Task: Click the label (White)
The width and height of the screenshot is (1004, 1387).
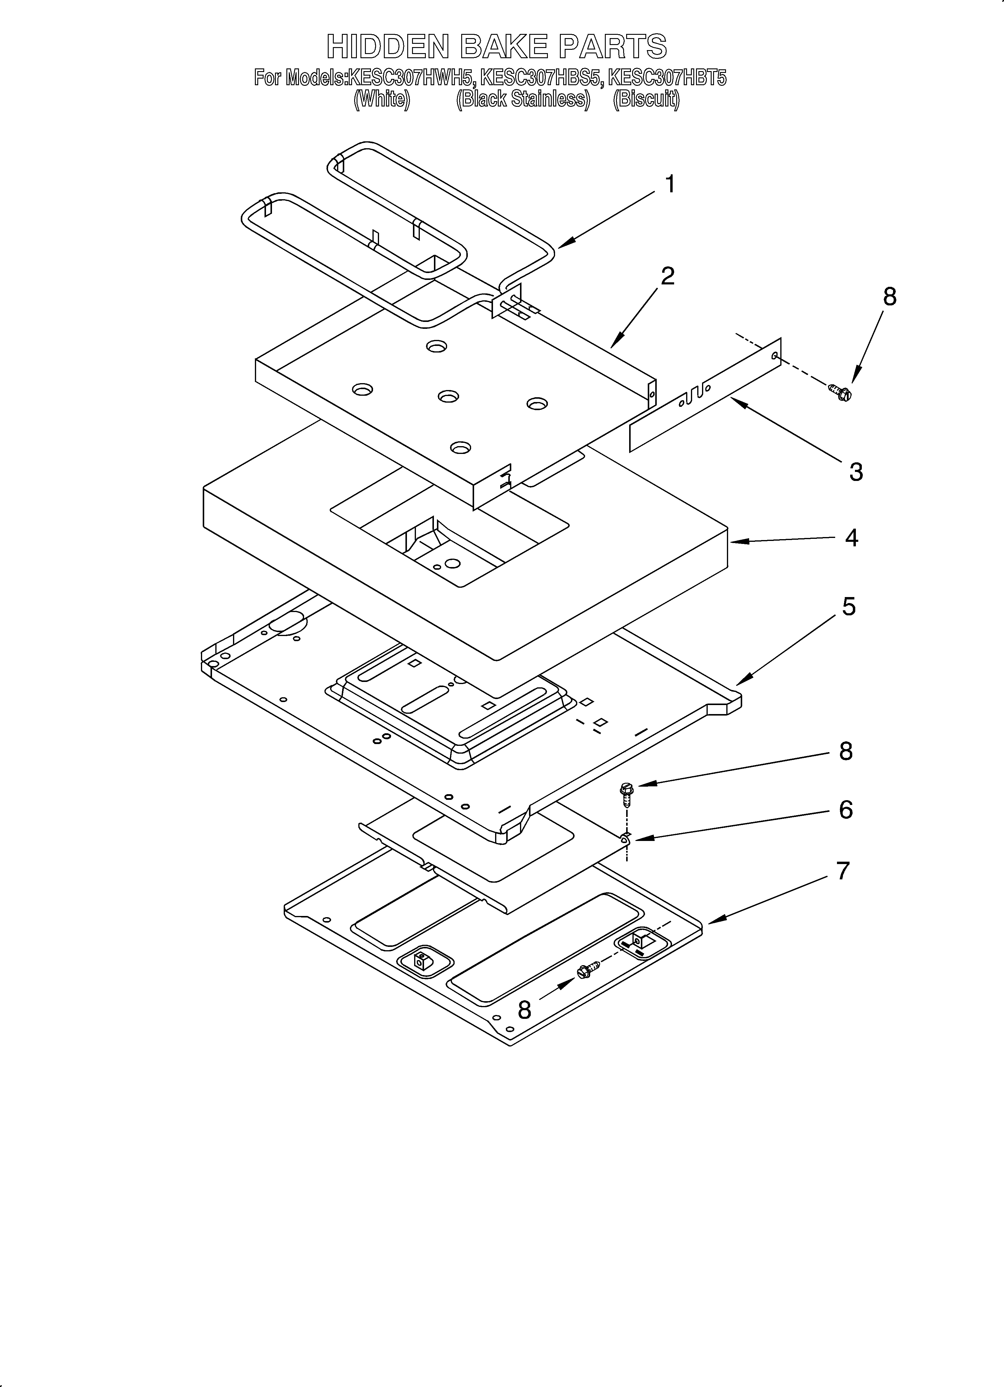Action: coord(381,99)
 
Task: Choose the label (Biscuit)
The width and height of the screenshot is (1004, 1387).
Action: coord(646,99)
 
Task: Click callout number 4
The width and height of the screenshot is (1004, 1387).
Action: coord(851,538)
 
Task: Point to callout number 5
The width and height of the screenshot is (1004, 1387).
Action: coord(849,607)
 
